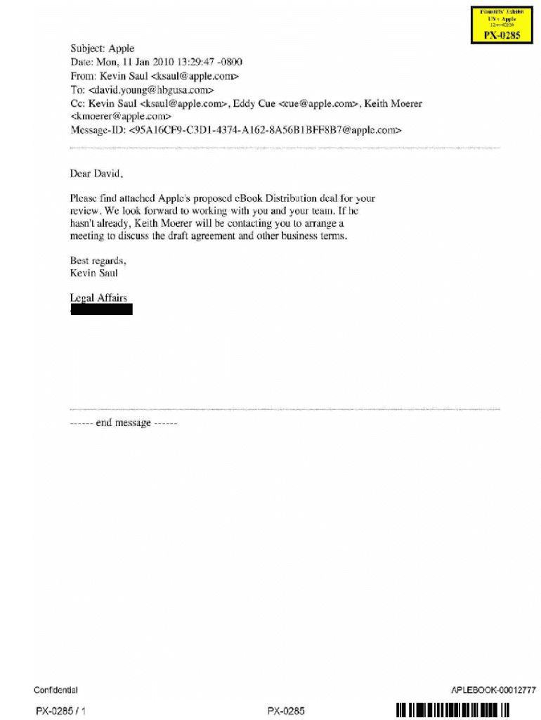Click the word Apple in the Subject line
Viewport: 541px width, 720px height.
[x=122, y=49]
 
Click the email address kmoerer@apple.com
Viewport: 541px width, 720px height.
[x=121, y=116]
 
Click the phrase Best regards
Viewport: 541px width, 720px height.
[x=98, y=260]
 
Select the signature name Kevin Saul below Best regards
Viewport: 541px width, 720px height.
[x=94, y=273]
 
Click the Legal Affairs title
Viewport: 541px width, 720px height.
[x=99, y=298]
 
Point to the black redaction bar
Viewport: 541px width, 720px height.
[x=102, y=309]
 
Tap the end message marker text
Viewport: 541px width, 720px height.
[x=124, y=423]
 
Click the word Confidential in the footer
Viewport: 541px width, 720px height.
[x=56, y=690]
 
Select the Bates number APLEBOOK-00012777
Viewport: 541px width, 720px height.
[x=493, y=690]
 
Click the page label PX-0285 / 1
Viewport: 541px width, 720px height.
[x=61, y=711]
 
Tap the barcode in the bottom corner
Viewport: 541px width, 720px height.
[x=452, y=710]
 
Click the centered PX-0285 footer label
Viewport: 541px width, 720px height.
[x=286, y=711]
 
